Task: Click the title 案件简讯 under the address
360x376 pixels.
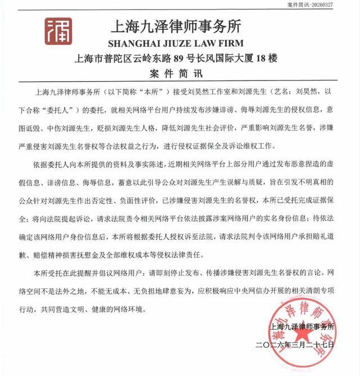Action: (x=180, y=74)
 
